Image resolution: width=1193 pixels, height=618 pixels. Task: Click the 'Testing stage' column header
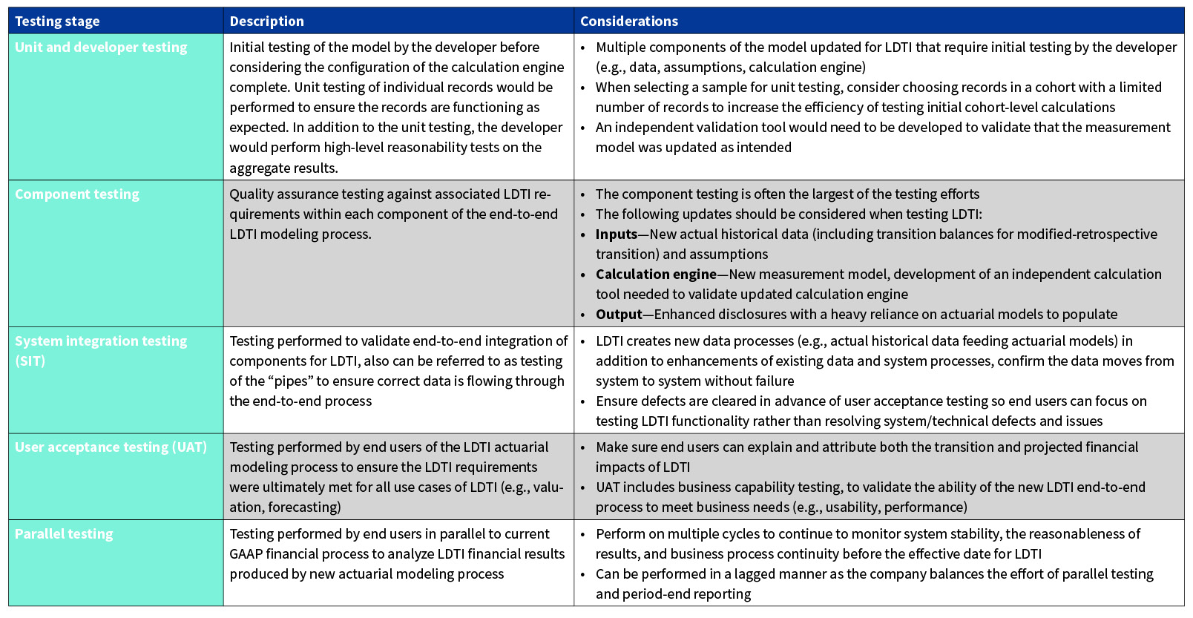point(57,22)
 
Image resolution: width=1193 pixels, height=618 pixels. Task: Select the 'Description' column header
point(266,22)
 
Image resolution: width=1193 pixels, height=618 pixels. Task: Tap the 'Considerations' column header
point(628,22)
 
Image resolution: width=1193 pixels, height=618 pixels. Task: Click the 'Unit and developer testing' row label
point(101,47)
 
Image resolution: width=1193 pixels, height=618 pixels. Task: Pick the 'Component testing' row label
point(77,194)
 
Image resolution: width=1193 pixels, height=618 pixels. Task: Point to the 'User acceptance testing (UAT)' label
point(111,447)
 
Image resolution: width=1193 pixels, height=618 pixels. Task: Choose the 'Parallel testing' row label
point(64,534)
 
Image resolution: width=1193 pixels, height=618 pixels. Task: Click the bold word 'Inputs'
point(616,234)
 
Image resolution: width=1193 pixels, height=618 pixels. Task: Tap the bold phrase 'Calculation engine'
point(656,275)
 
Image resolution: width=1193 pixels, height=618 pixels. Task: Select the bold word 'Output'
point(618,315)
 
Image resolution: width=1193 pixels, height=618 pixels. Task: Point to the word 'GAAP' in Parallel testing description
point(246,554)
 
